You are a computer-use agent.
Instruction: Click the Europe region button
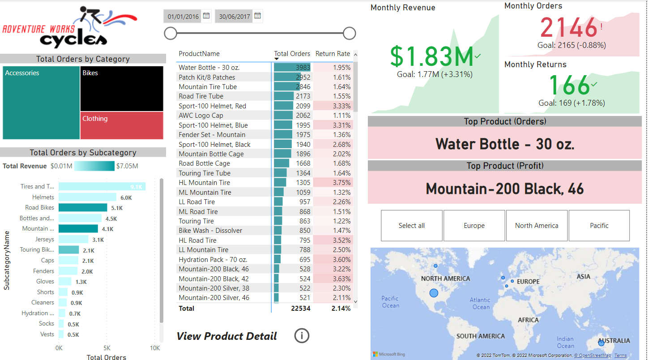pyautogui.click(x=474, y=226)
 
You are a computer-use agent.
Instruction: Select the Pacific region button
pyautogui.click(x=599, y=226)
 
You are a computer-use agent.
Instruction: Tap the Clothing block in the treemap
pyautogui.click(x=122, y=125)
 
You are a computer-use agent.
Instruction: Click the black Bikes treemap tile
pyautogui.click(x=122, y=89)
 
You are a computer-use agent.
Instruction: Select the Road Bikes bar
pyautogui.click(x=83, y=208)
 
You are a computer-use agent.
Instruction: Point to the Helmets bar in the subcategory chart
pyautogui.click(x=87, y=197)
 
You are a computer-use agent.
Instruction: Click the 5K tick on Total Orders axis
pyautogui.click(x=107, y=348)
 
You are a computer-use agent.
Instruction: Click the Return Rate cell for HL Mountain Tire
pyautogui.click(x=333, y=183)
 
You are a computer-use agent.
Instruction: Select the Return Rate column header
pyautogui.click(x=333, y=54)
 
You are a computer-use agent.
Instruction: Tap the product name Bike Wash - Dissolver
pyautogui.click(x=210, y=231)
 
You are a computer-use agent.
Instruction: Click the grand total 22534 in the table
pyautogui.click(x=300, y=309)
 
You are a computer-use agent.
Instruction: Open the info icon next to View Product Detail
pyautogui.click(x=302, y=335)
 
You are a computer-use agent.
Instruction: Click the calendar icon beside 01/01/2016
pyautogui.click(x=206, y=16)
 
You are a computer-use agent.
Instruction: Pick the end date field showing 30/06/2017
pyautogui.click(x=234, y=17)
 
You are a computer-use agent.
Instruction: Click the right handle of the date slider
pyautogui.click(x=349, y=33)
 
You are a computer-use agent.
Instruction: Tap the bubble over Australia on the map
pyautogui.click(x=601, y=343)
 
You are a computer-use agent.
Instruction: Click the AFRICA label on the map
pyautogui.click(x=528, y=320)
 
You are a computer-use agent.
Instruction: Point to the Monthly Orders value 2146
pyautogui.click(x=569, y=28)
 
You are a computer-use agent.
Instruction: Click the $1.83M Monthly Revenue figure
pyautogui.click(x=431, y=57)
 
